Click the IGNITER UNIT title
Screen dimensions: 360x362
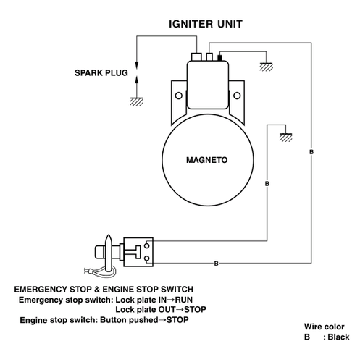tap(206, 24)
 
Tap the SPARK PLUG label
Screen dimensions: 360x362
tap(101, 73)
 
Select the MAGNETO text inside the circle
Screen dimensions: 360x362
tap(207, 160)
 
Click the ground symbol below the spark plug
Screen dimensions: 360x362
tap(136, 102)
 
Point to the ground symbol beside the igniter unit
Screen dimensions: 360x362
tap(267, 67)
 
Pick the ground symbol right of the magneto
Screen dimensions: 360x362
tap(285, 138)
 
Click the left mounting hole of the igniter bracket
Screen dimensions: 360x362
tap(179, 96)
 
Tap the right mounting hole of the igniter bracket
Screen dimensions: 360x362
tap(237, 96)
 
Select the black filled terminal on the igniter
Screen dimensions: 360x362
tap(219, 58)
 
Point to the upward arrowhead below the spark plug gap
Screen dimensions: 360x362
tap(137, 80)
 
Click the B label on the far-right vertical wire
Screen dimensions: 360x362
tap(311, 152)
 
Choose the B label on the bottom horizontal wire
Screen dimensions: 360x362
tap(217, 264)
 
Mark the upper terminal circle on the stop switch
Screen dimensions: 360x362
tap(146, 246)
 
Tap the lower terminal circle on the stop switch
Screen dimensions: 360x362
tap(146, 258)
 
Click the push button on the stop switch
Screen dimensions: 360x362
tap(100, 252)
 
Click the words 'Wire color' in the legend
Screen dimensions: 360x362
tap(324, 327)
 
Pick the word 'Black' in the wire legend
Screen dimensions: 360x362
tap(338, 337)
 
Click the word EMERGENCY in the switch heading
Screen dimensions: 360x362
tap(41, 290)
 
